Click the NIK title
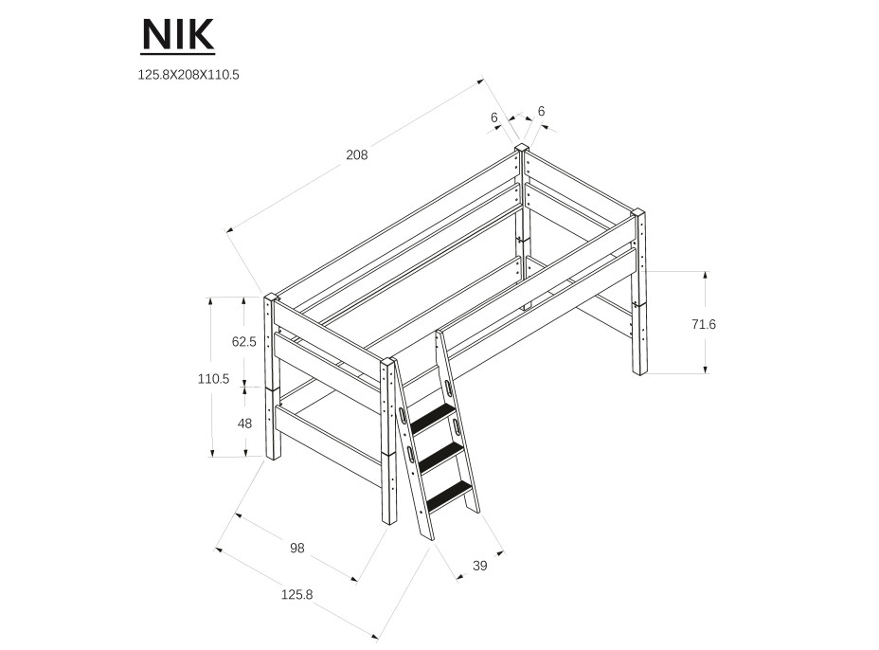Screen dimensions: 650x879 click(178, 35)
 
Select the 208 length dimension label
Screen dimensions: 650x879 click(356, 154)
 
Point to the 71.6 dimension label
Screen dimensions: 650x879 click(704, 324)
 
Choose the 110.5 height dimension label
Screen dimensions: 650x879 click(213, 378)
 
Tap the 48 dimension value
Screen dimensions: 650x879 click(244, 424)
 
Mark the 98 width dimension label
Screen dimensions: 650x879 click(296, 548)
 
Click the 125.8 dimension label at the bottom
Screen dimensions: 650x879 click(296, 594)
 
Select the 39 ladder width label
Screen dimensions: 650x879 click(479, 567)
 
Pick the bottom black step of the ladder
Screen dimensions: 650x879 click(449, 494)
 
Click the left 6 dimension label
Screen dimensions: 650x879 click(494, 118)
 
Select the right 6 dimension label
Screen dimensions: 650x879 click(541, 112)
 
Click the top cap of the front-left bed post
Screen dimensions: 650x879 click(271, 297)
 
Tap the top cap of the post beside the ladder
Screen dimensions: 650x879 click(389, 362)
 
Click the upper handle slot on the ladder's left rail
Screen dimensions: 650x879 click(404, 415)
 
